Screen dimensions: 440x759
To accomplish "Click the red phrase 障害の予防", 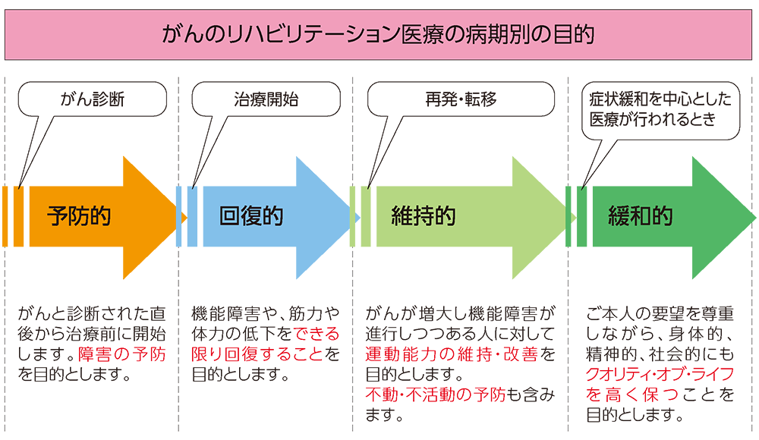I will (x=122, y=354).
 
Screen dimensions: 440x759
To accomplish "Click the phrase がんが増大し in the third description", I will (x=411, y=313).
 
